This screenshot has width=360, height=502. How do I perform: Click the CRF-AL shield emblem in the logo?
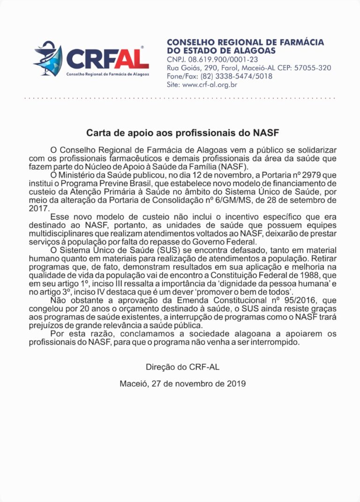pyautogui.click(x=48, y=59)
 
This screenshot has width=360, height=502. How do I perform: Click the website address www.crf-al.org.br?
pyautogui.click(x=209, y=85)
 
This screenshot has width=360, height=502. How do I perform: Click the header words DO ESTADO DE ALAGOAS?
pyautogui.click(x=221, y=51)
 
